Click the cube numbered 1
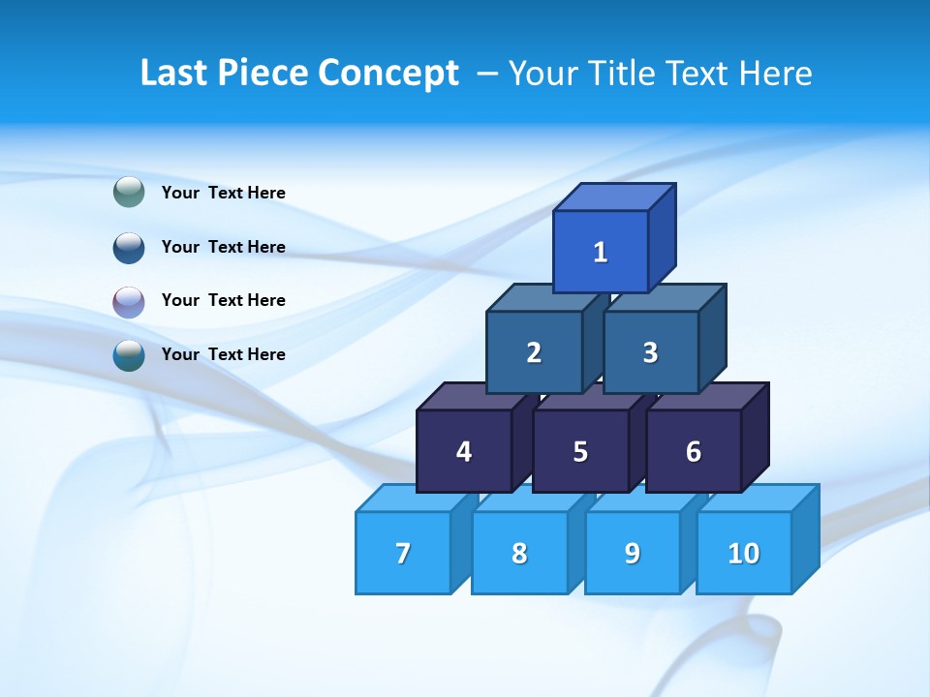click(x=601, y=252)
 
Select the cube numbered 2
click(x=534, y=352)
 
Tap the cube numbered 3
click(x=650, y=352)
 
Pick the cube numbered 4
click(x=464, y=451)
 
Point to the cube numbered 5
click(x=580, y=451)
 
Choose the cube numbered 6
click(x=694, y=451)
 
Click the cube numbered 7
click(x=403, y=553)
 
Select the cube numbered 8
click(x=519, y=553)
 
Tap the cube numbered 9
click(x=633, y=553)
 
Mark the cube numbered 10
click(x=744, y=553)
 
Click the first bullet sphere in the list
click(x=129, y=193)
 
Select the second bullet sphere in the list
click(x=129, y=247)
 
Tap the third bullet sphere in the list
click(x=129, y=301)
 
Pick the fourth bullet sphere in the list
click(x=129, y=354)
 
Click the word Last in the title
click(x=172, y=74)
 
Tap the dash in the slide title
click(x=489, y=74)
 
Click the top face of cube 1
click(x=614, y=197)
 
